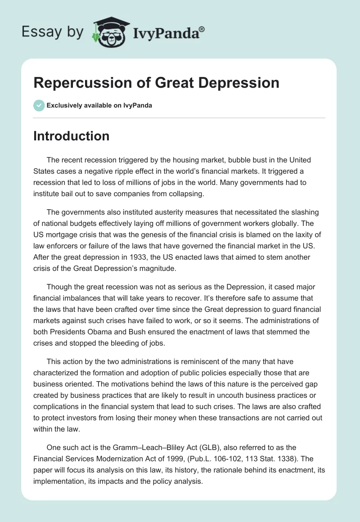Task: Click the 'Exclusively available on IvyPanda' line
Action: (99, 105)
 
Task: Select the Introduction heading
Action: (71, 136)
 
